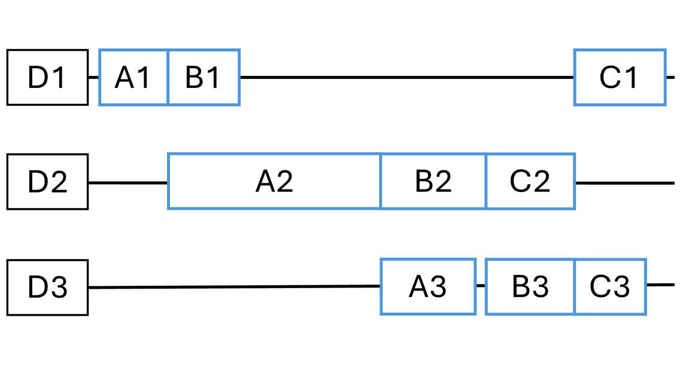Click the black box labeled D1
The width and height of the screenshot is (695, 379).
click(47, 77)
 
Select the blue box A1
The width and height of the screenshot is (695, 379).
click(133, 78)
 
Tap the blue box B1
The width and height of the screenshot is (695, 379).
click(204, 78)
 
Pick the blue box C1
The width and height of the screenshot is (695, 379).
click(620, 78)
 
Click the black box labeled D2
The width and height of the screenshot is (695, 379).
click(47, 182)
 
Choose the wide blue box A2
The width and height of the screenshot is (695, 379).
click(274, 182)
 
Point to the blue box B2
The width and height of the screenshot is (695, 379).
click(433, 182)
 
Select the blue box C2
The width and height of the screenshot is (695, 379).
click(530, 182)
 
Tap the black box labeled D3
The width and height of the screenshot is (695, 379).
click(47, 288)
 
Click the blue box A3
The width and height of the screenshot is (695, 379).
click(428, 287)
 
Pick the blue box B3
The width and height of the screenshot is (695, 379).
click(530, 287)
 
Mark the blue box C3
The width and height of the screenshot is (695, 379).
click(610, 287)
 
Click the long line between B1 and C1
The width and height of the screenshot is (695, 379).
click(407, 77)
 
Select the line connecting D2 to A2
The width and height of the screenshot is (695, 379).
click(128, 183)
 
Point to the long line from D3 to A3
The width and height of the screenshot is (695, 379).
click(234, 287)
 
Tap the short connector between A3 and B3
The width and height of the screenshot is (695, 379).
click(481, 286)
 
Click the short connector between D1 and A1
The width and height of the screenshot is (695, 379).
click(93, 77)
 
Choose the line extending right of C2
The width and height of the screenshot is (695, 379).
click(624, 183)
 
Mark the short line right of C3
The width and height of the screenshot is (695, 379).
click(660, 285)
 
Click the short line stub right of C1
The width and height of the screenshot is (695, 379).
click(670, 77)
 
